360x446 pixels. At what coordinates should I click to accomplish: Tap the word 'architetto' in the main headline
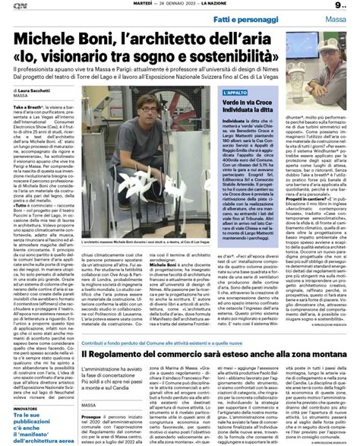(185, 39)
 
